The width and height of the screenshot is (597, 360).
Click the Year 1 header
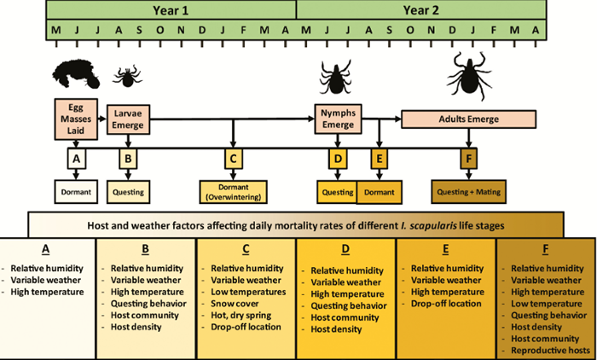(171, 9)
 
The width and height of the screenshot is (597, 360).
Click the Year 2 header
(420, 9)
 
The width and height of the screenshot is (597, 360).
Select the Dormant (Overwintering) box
(233, 192)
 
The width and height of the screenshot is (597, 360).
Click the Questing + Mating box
(468, 191)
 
